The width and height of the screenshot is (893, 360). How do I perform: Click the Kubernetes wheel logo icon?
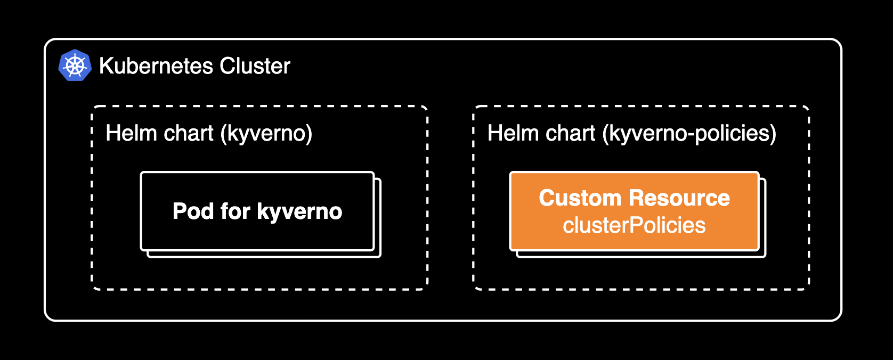75,66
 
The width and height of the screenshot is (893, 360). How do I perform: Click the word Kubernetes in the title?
157,66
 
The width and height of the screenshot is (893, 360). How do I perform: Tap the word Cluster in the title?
255,66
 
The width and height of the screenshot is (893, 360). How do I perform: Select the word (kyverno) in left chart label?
266,133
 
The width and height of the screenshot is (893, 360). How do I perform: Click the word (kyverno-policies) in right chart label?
689,133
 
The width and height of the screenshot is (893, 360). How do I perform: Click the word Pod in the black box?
193,211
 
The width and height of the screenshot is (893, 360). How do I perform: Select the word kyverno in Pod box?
299,212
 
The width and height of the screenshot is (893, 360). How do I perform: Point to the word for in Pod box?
235,211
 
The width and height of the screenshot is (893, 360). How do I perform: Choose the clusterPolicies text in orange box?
634,225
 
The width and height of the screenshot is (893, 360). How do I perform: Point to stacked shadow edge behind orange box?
762,224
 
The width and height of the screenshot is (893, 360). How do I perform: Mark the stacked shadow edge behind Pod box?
378,224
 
